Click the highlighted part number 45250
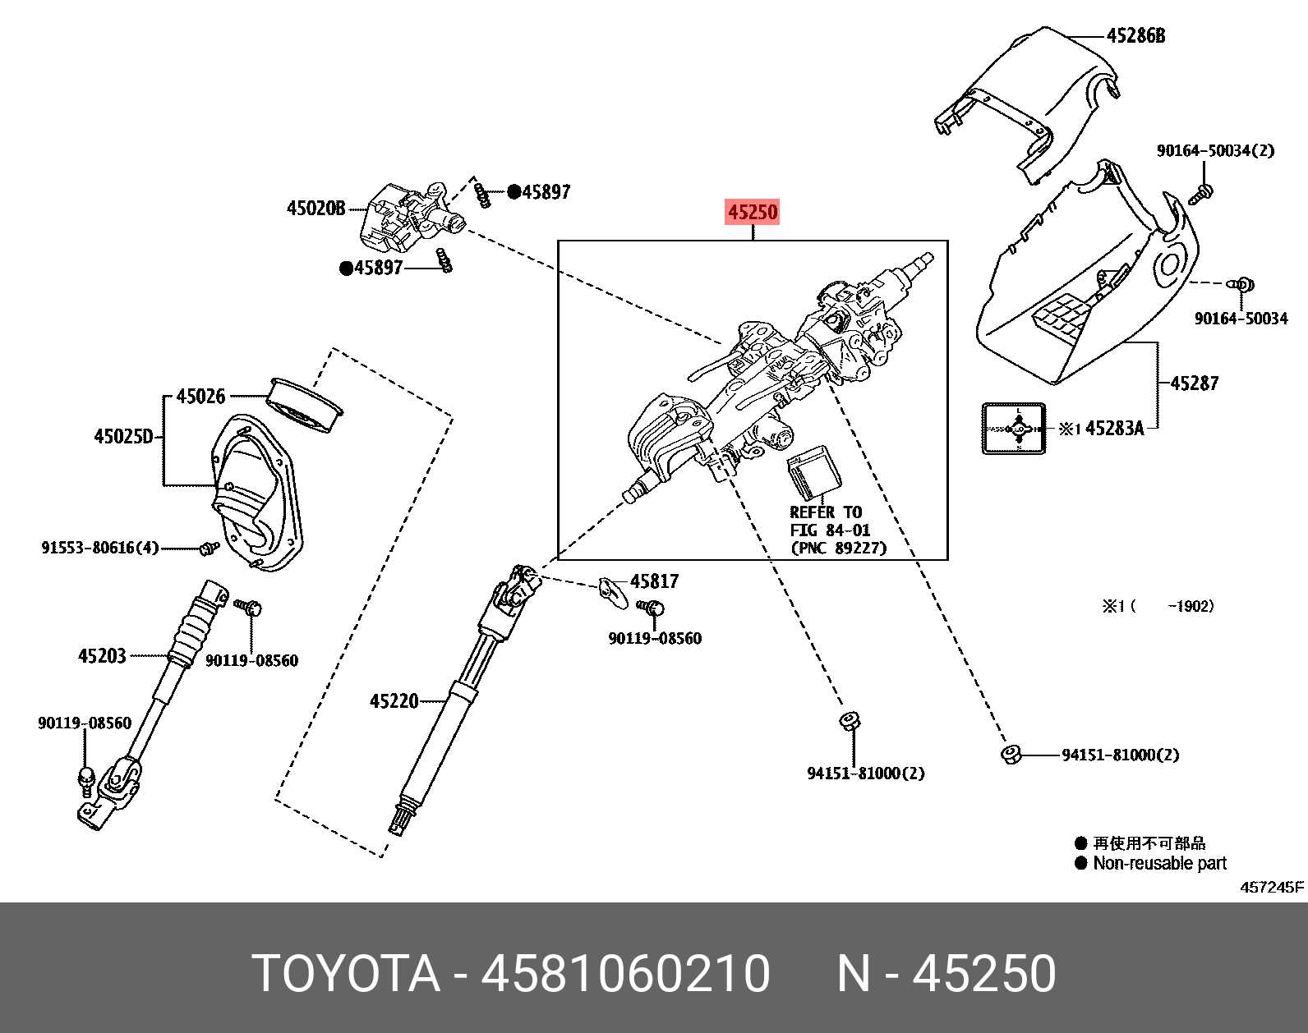(x=752, y=213)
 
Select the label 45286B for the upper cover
(x=1135, y=35)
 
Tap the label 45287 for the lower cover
(x=1193, y=383)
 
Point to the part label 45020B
(x=315, y=208)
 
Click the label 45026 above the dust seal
(x=200, y=397)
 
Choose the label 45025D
(x=123, y=436)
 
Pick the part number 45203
(x=102, y=655)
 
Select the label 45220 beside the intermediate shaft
(x=394, y=701)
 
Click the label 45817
(x=654, y=581)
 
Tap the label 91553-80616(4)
(x=100, y=547)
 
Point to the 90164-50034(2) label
(x=1215, y=151)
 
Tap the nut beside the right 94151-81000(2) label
(x=1011, y=754)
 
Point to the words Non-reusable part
(x=1159, y=863)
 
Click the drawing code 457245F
(x=1271, y=887)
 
